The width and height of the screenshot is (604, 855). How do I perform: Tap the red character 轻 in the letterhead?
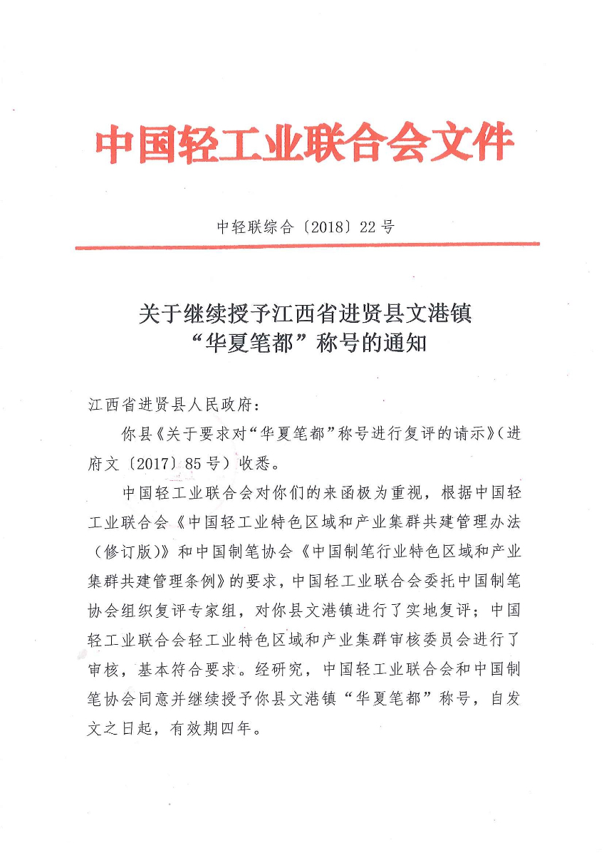(x=188, y=144)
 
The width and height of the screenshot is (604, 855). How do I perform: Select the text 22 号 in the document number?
(x=377, y=227)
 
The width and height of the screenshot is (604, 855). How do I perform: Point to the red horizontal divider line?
(x=306, y=247)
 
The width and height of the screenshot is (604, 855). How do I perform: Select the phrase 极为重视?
(x=381, y=493)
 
